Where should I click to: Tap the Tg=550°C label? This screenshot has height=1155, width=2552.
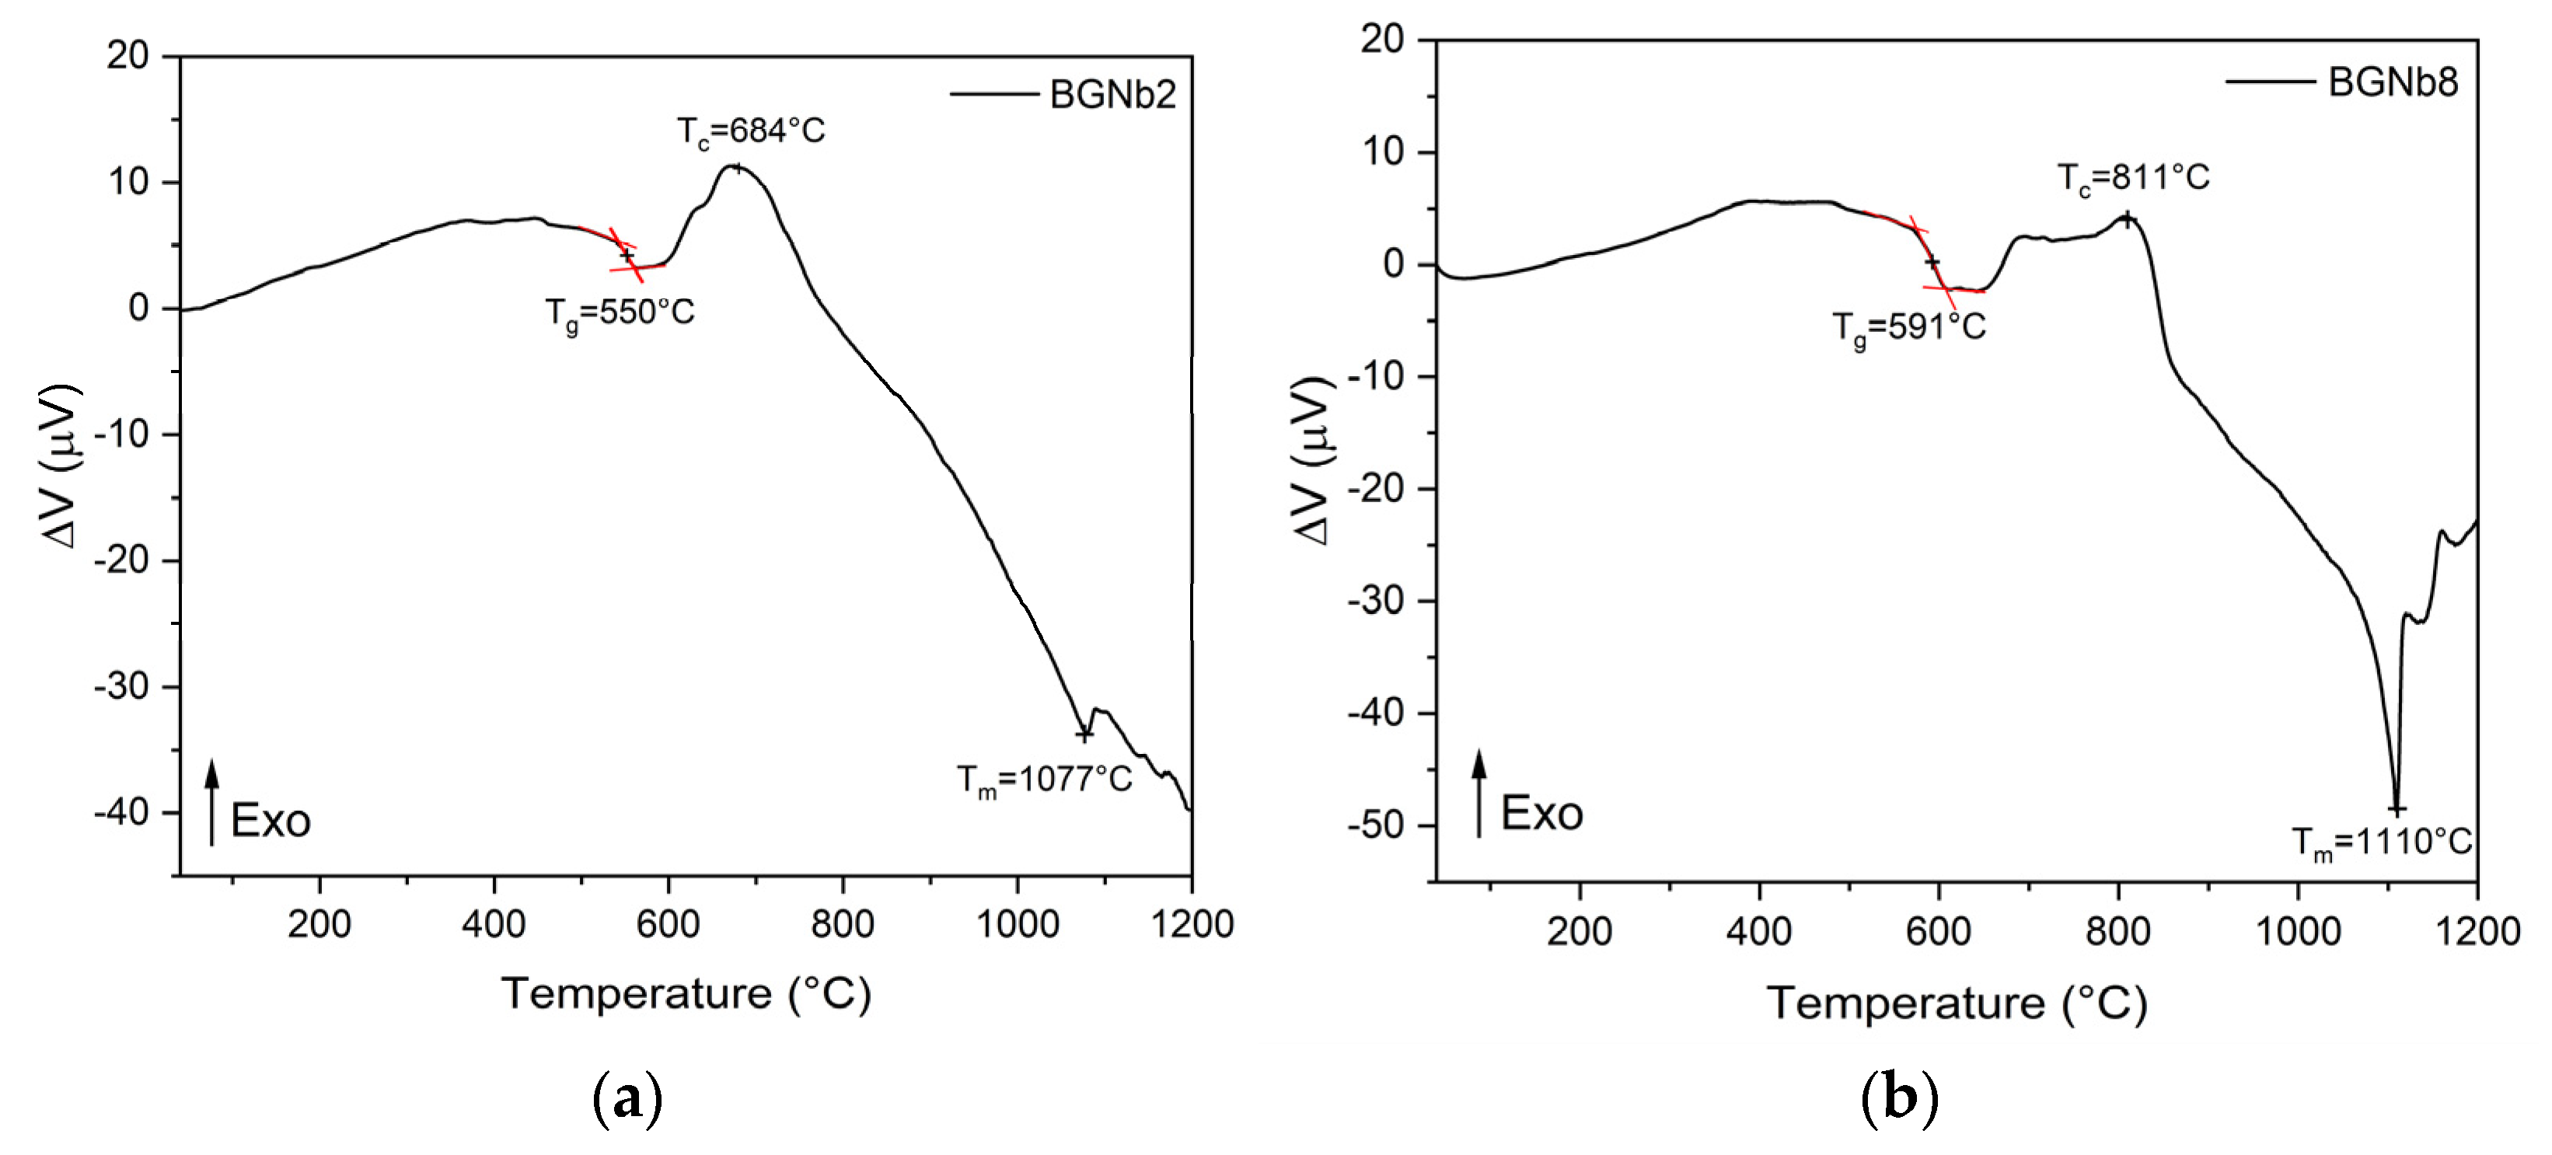620,314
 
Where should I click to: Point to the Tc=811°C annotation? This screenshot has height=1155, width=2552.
2134,178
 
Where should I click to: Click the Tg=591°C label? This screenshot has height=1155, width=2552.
1909,328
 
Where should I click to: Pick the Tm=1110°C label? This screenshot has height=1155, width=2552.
2383,843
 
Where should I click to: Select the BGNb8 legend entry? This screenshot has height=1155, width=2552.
2342,82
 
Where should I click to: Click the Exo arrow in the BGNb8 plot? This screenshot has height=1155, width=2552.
1479,794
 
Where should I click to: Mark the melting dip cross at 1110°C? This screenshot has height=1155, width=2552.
2397,809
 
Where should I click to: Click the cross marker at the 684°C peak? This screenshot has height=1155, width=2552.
737,167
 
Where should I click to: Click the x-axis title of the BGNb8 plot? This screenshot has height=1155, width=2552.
1957,1003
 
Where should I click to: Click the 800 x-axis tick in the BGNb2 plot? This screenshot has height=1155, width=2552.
842,924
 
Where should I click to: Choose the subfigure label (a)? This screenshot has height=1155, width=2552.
627,1098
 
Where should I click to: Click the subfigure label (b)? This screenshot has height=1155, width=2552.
1899,1098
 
